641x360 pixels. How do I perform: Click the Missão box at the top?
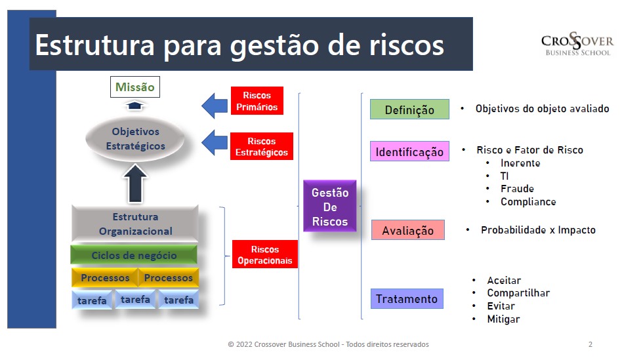134,87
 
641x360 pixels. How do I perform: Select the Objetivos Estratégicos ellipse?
135,139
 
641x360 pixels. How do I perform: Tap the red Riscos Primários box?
257,101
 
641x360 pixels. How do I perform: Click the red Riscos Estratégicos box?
261,146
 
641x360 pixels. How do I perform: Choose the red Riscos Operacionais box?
264,254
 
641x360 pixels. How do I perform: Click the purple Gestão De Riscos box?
330,207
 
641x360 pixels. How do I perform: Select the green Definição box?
409,110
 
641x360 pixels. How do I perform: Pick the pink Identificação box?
409,152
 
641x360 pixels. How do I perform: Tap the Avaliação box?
407,231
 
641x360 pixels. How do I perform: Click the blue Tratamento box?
406,299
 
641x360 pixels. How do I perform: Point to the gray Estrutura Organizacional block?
135,224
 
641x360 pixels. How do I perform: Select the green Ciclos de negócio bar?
134,255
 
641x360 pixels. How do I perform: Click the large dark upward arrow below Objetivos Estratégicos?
136,183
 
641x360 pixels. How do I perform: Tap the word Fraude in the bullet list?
517,189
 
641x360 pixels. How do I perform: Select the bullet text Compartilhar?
518,293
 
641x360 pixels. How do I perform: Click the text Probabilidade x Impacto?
538,230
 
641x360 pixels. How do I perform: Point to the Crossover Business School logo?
577,44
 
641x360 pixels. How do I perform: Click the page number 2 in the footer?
590,344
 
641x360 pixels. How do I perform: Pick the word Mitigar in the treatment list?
503,319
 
